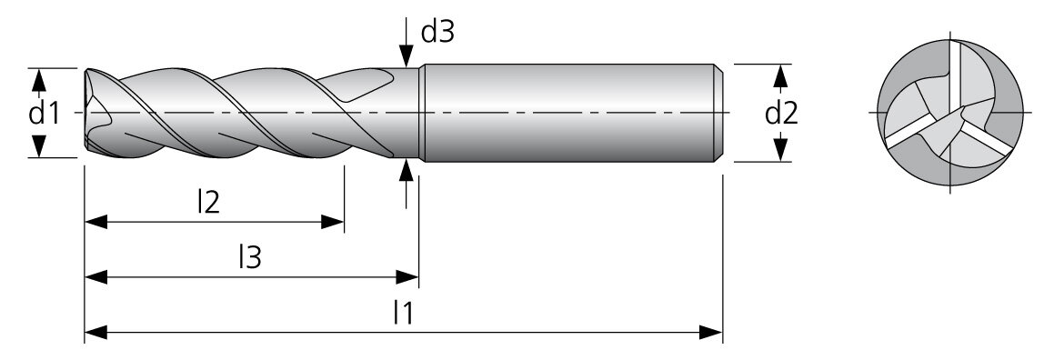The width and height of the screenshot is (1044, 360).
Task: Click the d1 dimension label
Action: pos(45,114)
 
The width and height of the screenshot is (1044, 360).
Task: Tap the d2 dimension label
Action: pos(781,114)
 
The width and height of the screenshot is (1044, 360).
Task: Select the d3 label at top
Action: pos(437,31)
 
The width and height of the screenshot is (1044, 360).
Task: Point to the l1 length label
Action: pos(404,312)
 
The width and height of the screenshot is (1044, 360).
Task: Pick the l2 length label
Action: pos(208,203)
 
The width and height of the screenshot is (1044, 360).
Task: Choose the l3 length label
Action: pos(250,257)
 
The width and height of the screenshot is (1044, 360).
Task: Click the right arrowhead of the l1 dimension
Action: pos(711,332)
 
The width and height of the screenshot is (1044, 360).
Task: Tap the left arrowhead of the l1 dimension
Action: pos(95,332)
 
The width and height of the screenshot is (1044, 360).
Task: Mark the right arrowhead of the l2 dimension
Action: pos(332,222)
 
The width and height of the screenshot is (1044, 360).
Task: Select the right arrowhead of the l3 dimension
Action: pos(407,277)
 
